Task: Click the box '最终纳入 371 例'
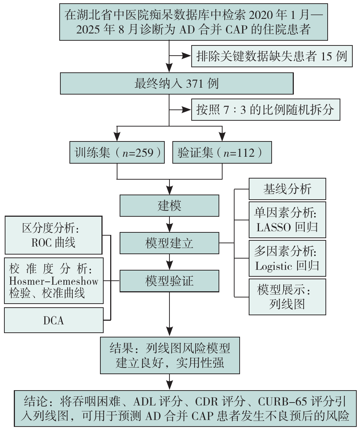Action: [x=177, y=84]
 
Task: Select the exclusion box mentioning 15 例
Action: [x=272, y=56]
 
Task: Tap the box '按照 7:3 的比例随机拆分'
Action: [x=265, y=110]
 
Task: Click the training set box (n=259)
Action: [x=117, y=152]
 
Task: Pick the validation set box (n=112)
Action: [x=222, y=152]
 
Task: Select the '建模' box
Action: [x=169, y=205]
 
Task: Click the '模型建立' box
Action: [x=169, y=243]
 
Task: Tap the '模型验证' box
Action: [x=169, y=281]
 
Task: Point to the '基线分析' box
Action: [x=287, y=189]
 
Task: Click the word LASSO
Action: [x=273, y=227]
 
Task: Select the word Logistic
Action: [x=274, y=266]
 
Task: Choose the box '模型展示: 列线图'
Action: [x=287, y=297]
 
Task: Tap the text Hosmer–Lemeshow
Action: [x=54, y=281]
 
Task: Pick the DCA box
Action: [x=54, y=320]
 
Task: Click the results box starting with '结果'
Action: [x=170, y=355]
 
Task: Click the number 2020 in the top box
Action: [x=261, y=15]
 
